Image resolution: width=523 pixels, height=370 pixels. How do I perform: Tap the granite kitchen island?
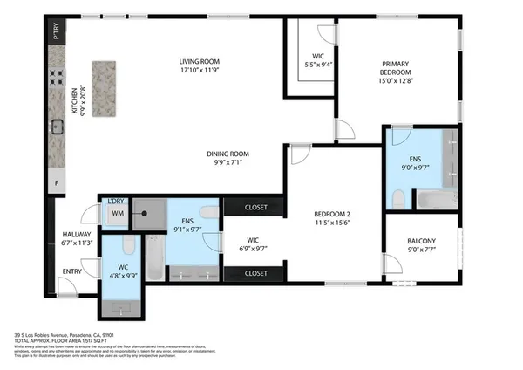tap(104, 80)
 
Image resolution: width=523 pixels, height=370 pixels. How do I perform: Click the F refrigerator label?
tap(57, 183)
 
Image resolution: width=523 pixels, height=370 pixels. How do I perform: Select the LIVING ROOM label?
tap(199, 62)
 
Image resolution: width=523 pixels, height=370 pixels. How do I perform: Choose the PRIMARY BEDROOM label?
tap(400, 68)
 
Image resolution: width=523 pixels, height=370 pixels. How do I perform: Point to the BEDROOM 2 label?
tap(333, 213)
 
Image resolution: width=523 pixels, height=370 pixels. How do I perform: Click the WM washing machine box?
tap(116, 213)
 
